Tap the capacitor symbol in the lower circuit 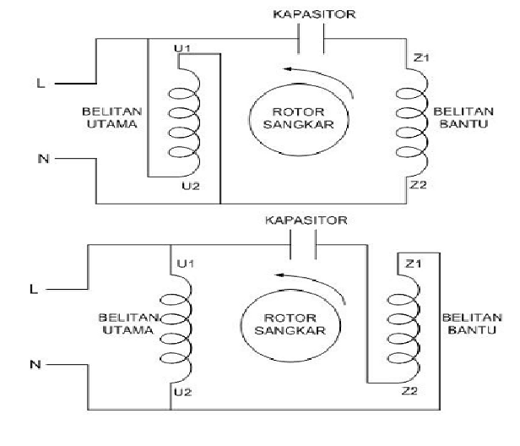tap(302, 245)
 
